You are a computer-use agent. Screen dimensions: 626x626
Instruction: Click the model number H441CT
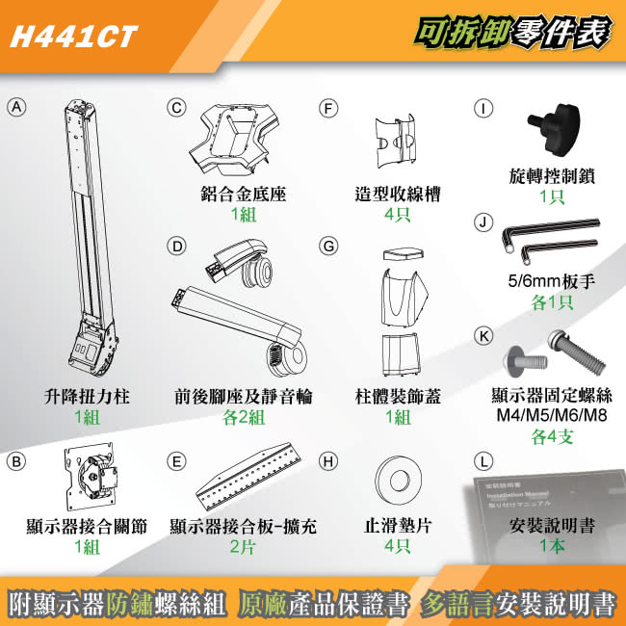click(x=72, y=37)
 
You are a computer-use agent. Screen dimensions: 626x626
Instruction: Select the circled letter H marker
click(x=329, y=460)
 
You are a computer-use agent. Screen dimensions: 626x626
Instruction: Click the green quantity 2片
click(x=242, y=546)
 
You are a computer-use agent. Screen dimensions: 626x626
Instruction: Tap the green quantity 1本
click(x=553, y=546)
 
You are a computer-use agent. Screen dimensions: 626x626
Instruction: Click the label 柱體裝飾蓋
click(x=397, y=397)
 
